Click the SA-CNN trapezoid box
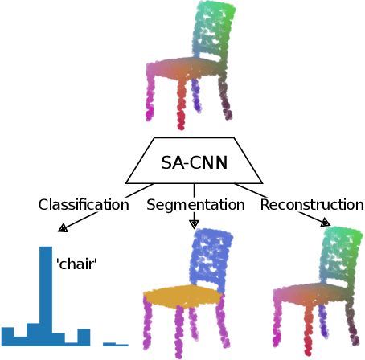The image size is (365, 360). (194, 162)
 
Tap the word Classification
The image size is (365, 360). (84, 205)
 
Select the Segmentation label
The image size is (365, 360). (195, 205)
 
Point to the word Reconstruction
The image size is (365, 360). (312, 205)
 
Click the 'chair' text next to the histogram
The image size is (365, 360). (76, 263)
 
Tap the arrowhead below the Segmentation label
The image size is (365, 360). (194, 224)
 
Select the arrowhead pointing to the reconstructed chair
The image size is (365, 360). (325, 222)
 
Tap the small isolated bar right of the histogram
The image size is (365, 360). (115, 344)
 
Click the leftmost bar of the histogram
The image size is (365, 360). (8, 336)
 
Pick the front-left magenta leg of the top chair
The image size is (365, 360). (150, 100)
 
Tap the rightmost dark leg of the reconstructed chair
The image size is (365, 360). (351, 325)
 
